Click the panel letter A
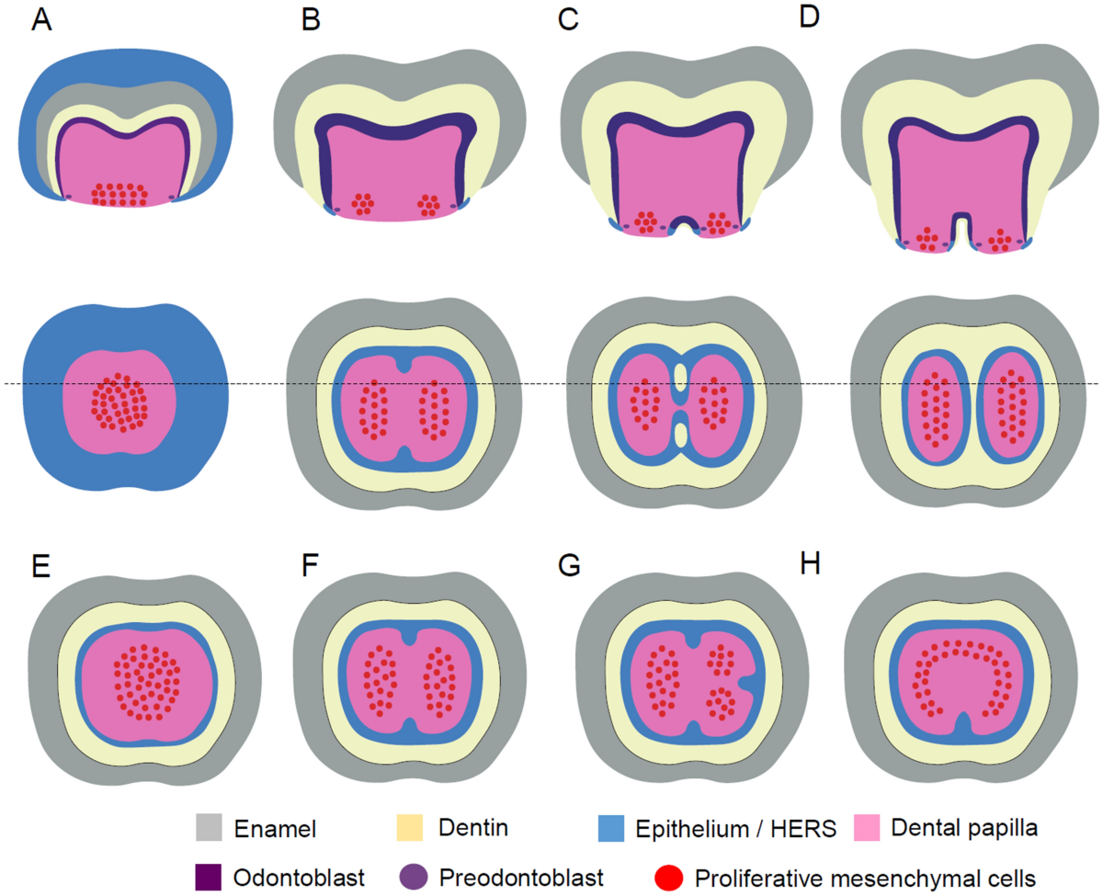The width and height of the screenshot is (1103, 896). (40, 20)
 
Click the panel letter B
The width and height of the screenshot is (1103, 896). (311, 20)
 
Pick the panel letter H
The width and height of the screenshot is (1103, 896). (810, 566)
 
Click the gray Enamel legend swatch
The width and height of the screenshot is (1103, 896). (210, 827)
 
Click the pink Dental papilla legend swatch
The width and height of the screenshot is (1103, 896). (871, 827)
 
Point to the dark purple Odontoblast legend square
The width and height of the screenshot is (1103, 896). (210, 870)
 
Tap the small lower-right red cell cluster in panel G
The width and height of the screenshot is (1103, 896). (722, 703)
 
